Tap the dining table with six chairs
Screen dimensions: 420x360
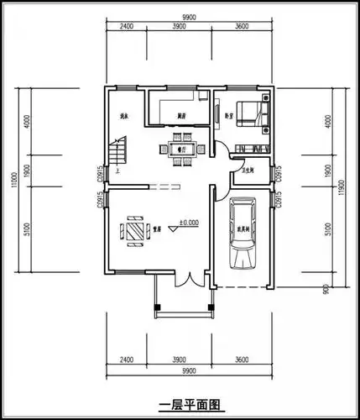[179, 149]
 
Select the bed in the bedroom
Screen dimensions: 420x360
[251, 113]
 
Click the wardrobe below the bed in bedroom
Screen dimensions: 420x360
[249, 149]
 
